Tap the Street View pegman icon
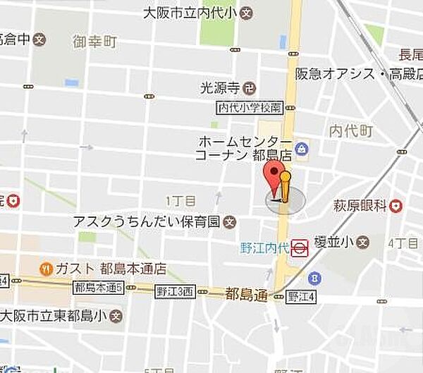pos(284,188)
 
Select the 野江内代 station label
pos(264,247)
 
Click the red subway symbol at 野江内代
pos(300,247)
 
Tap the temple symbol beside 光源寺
pos(249,88)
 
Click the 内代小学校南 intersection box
pos(250,107)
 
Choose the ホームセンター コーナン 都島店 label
pos(243,148)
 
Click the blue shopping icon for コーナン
pos(302,149)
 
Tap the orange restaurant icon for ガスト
pos(46,269)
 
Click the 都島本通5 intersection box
pos(98,287)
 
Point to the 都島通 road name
pos(246,294)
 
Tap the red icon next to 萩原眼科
pos(397,206)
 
